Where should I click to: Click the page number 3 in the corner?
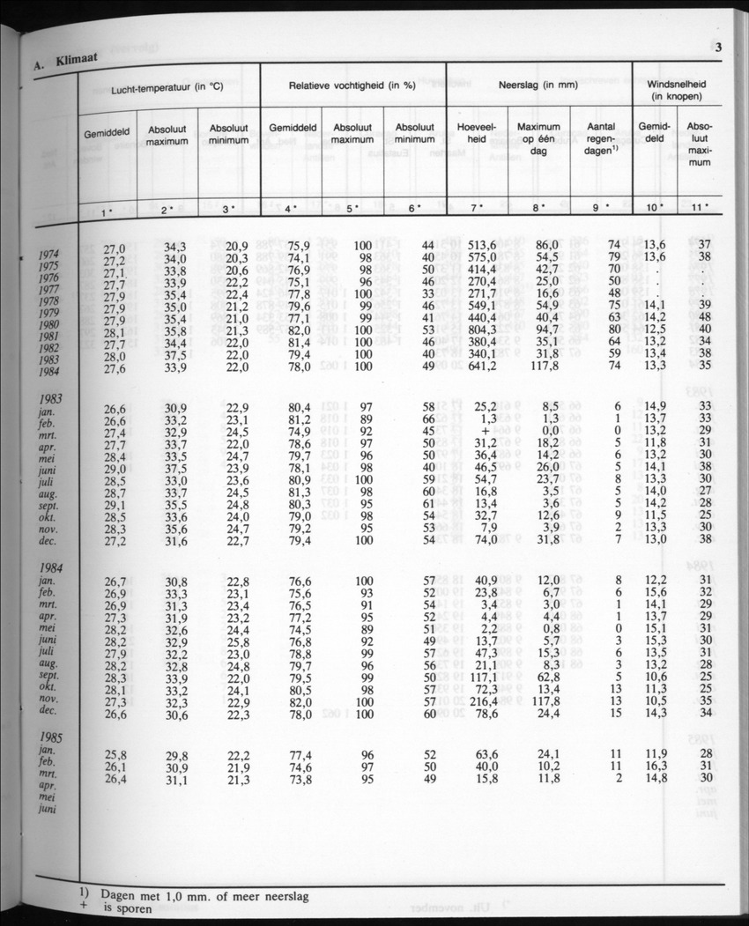pos(718,48)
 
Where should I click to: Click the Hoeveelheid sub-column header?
pos(476,133)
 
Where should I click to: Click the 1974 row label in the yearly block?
pos(51,256)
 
